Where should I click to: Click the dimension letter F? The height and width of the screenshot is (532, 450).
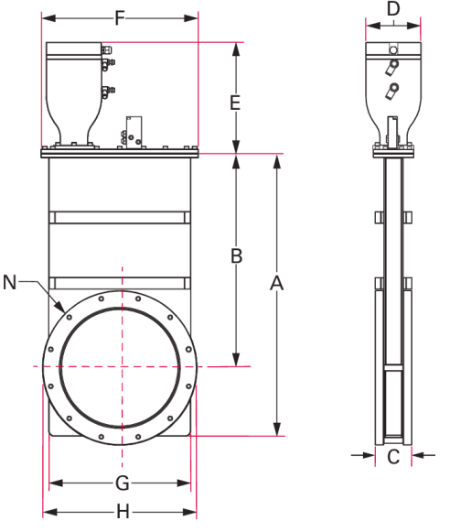(x=120, y=18)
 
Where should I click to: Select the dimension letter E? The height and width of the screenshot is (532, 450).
(x=235, y=103)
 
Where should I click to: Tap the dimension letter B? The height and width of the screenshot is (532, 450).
(x=237, y=255)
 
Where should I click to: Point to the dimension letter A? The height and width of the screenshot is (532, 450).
(x=277, y=283)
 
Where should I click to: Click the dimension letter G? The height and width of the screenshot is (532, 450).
(x=123, y=483)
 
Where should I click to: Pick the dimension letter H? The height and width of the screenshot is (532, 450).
(x=123, y=512)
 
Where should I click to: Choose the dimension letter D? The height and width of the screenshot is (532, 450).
(x=393, y=9)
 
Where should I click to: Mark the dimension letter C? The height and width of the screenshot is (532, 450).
(x=393, y=457)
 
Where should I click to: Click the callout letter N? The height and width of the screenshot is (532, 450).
(x=9, y=282)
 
